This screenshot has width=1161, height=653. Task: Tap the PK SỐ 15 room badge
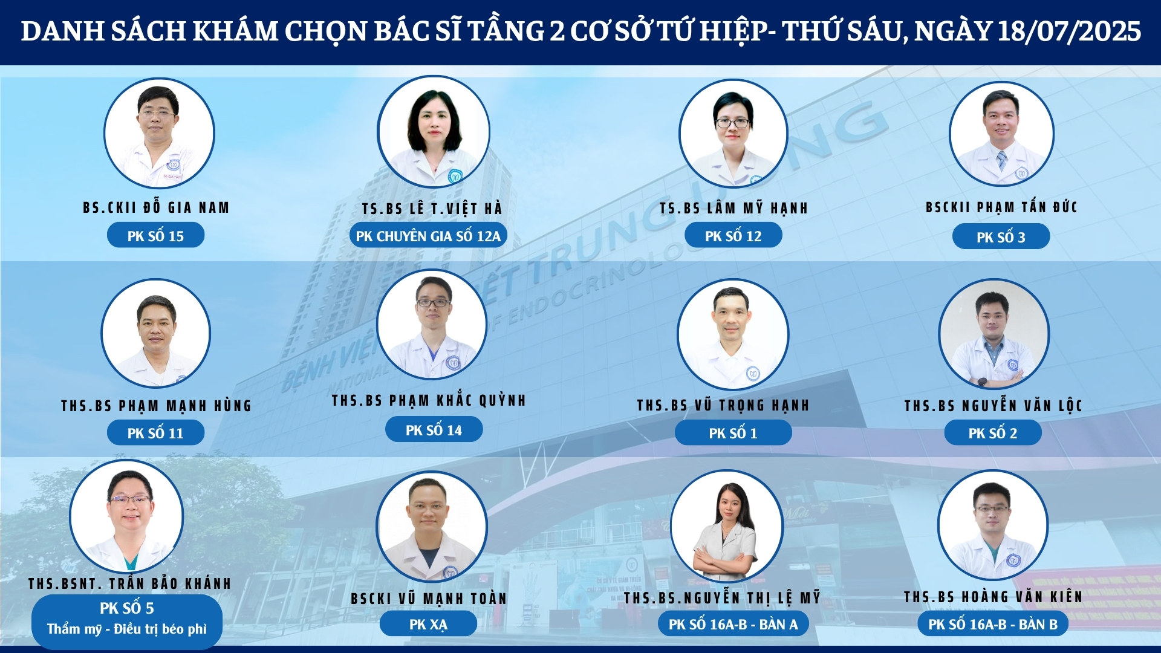click(x=155, y=236)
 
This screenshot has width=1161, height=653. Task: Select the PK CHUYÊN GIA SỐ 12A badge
click(x=428, y=236)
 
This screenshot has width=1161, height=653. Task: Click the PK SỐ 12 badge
click(x=733, y=236)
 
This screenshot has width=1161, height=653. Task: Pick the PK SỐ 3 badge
click(x=1001, y=237)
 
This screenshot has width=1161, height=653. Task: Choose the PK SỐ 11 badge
click(x=155, y=433)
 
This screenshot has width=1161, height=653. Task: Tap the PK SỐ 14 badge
click(x=434, y=430)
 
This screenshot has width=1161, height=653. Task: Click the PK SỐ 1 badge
click(x=733, y=433)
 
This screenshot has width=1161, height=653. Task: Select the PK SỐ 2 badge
click(x=992, y=433)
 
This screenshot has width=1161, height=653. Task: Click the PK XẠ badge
click(x=428, y=625)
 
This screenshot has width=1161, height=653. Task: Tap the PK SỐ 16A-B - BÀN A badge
click(x=733, y=625)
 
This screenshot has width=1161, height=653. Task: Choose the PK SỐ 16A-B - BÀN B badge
click(x=992, y=625)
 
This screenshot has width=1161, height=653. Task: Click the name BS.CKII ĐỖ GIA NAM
click(x=156, y=207)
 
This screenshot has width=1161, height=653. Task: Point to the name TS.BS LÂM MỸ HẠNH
click(x=733, y=208)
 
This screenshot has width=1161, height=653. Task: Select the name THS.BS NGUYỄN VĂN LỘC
click(x=993, y=405)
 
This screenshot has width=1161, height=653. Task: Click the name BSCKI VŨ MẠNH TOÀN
click(x=429, y=599)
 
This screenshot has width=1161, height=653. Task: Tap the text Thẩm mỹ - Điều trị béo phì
click(x=127, y=629)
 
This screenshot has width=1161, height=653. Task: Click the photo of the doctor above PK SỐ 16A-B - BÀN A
click(x=727, y=526)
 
